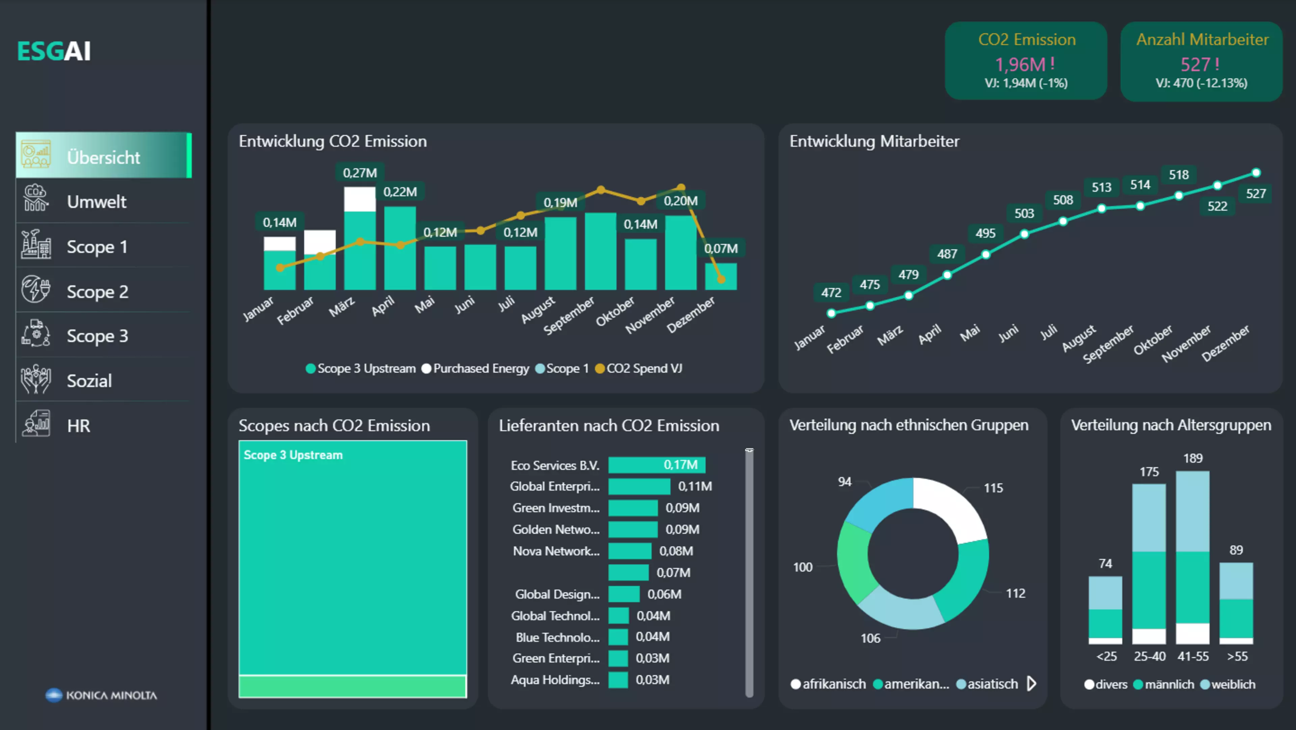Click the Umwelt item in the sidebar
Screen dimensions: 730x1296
pos(96,202)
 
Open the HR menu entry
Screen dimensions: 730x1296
pos(79,426)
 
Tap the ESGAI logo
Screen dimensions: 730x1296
pos(54,51)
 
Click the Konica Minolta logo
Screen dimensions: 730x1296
pos(101,695)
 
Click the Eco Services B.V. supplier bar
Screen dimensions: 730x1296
pos(656,464)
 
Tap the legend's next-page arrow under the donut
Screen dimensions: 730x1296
pos(1031,683)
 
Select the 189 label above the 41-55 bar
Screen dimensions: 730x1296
pos(1192,458)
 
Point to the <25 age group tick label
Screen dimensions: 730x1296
pos(1106,656)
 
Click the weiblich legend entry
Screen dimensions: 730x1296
pos(1233,684)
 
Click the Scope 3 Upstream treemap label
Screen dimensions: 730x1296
pos(293,455)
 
